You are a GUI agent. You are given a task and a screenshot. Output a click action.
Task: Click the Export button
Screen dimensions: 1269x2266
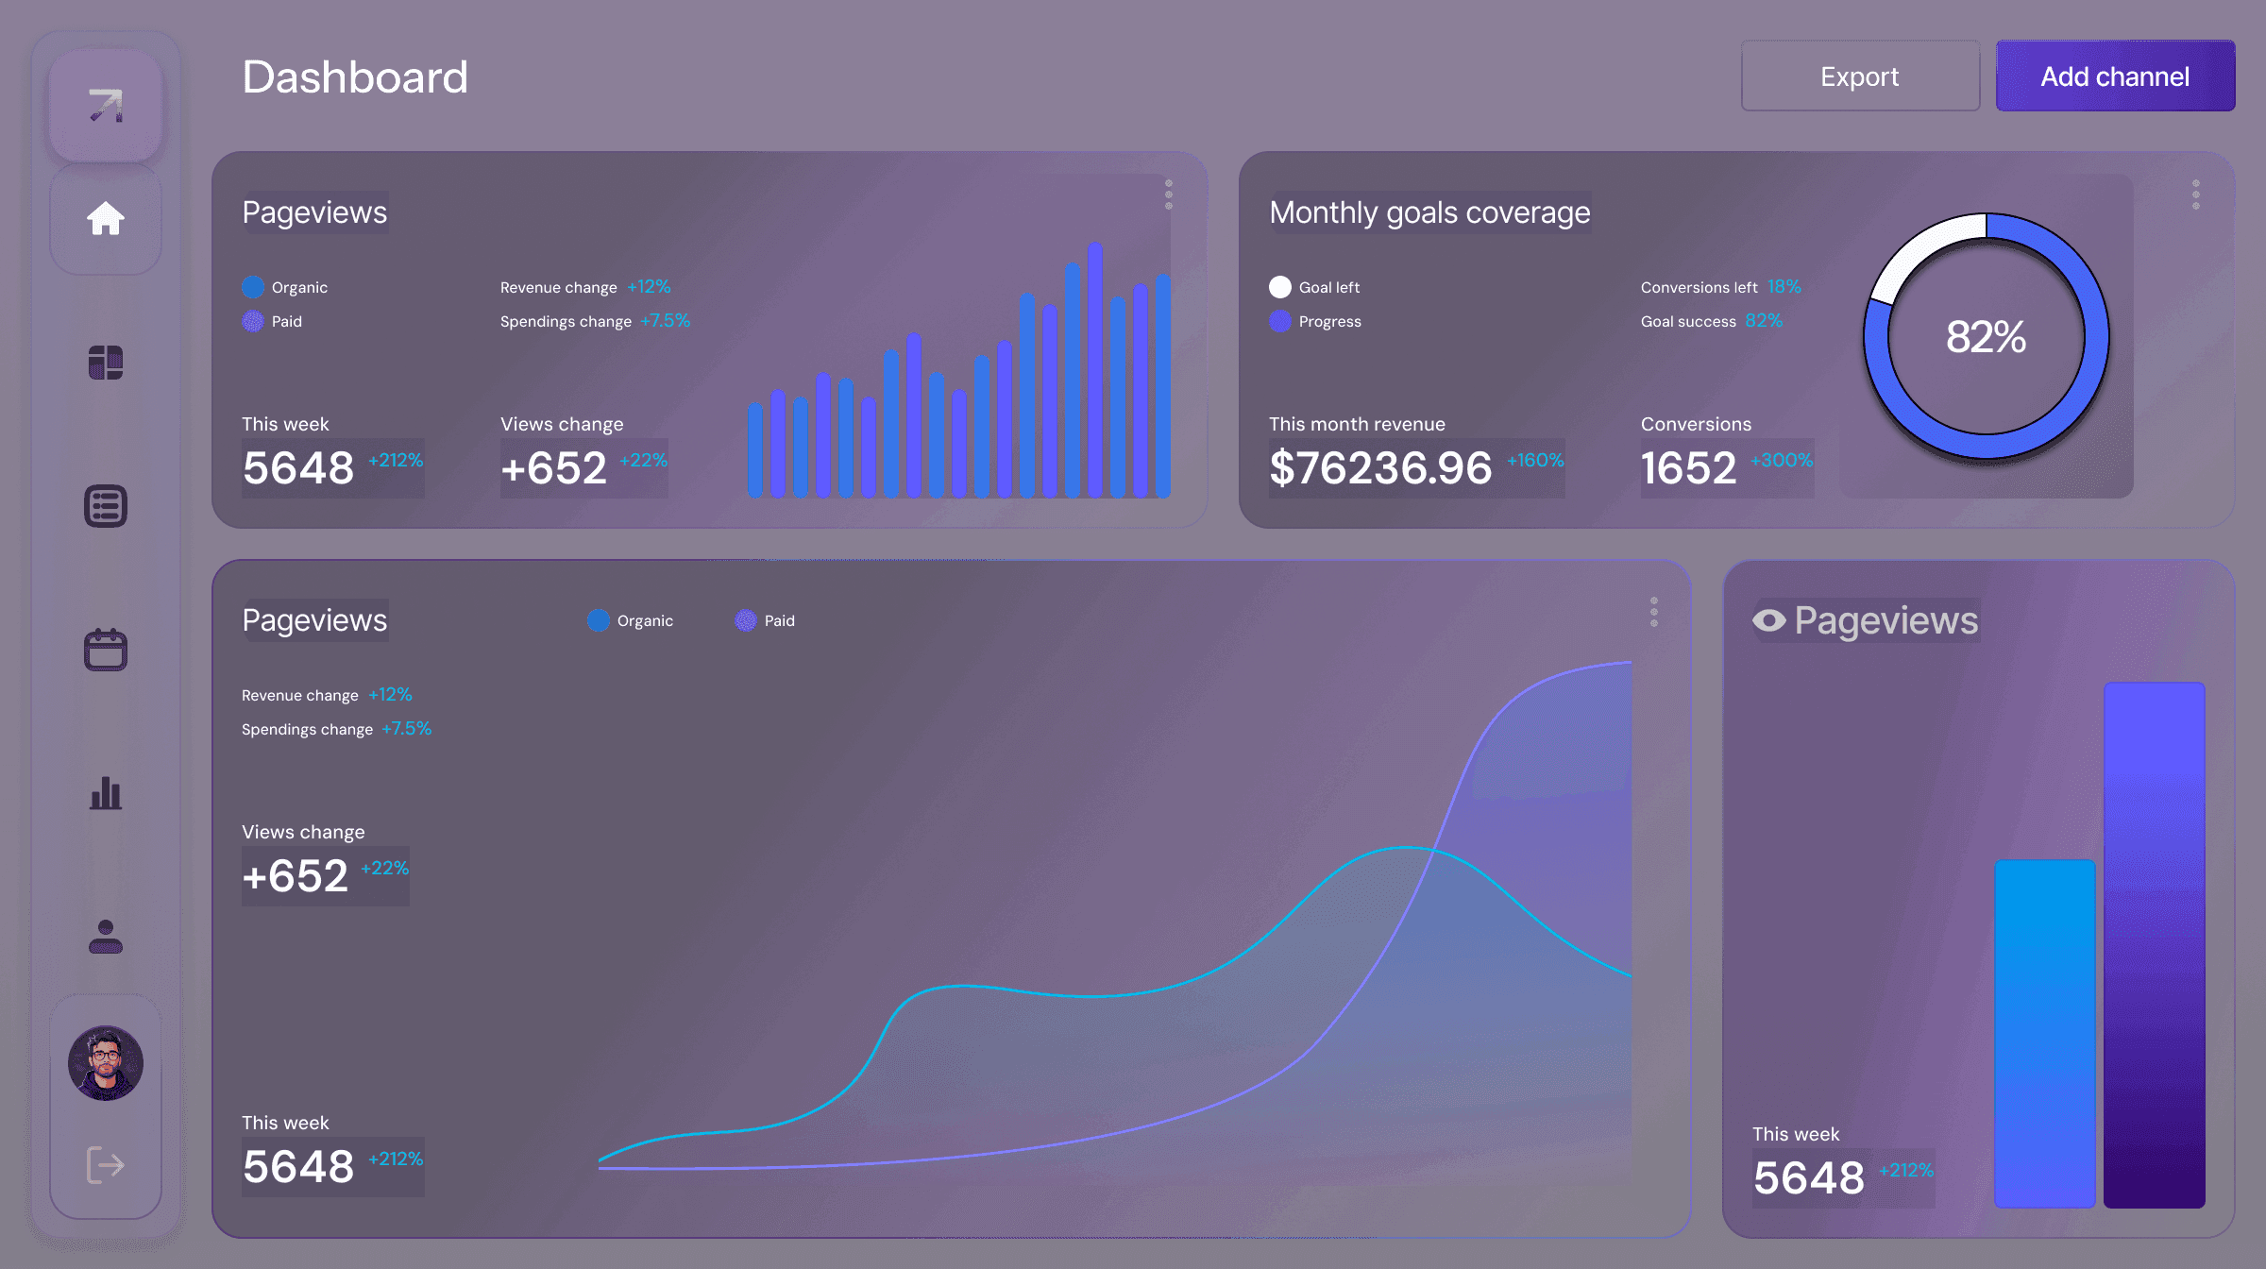[x=1859, y=76]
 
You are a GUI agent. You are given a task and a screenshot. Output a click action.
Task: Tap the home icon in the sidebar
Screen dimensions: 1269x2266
[x=106, y=219]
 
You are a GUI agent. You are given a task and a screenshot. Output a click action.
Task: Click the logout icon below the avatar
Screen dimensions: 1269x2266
[x=106, y=1164]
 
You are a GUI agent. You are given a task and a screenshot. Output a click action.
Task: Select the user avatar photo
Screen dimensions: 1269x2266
[x=106, y=1062]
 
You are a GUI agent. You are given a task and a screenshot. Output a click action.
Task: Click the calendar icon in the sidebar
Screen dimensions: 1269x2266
[x=106, y=650]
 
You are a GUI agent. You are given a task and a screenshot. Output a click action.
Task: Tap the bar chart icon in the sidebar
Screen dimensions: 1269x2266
[x=106, y=793]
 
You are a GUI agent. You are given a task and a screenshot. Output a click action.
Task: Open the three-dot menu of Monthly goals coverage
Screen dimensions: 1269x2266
[x=2195, y=195]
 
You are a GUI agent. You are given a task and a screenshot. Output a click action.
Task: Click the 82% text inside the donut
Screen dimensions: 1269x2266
[x=1986, y=337]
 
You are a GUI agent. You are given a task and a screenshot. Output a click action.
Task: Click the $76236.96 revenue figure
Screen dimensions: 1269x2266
[x=1380, y=468]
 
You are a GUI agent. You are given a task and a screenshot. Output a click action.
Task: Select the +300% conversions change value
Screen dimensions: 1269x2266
[x=1781, y=461]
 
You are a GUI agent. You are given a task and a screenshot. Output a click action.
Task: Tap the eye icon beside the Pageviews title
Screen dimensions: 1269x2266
[x=1768, y=620]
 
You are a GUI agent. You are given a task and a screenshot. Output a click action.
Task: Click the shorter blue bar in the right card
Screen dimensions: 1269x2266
[x=2044, y=1033]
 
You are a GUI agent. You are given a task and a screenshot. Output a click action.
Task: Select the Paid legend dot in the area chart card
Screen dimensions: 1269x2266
[x=746, y=620]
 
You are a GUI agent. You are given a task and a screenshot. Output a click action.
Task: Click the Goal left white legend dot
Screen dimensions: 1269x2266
[x=1280, y=287]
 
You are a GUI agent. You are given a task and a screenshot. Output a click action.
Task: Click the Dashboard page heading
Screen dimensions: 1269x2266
[x=355, y=77]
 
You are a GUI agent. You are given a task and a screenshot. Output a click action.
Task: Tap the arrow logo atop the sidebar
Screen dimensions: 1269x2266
[x=106, y=101]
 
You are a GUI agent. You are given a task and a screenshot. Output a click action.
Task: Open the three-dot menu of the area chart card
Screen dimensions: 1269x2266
[x=1653, y=612]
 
